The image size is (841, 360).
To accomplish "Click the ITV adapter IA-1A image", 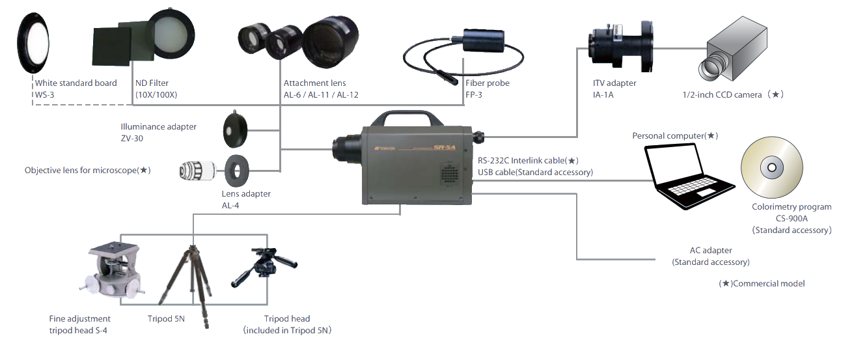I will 618,46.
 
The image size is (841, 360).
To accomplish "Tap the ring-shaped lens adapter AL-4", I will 236,171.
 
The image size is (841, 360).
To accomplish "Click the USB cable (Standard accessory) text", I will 536,172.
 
